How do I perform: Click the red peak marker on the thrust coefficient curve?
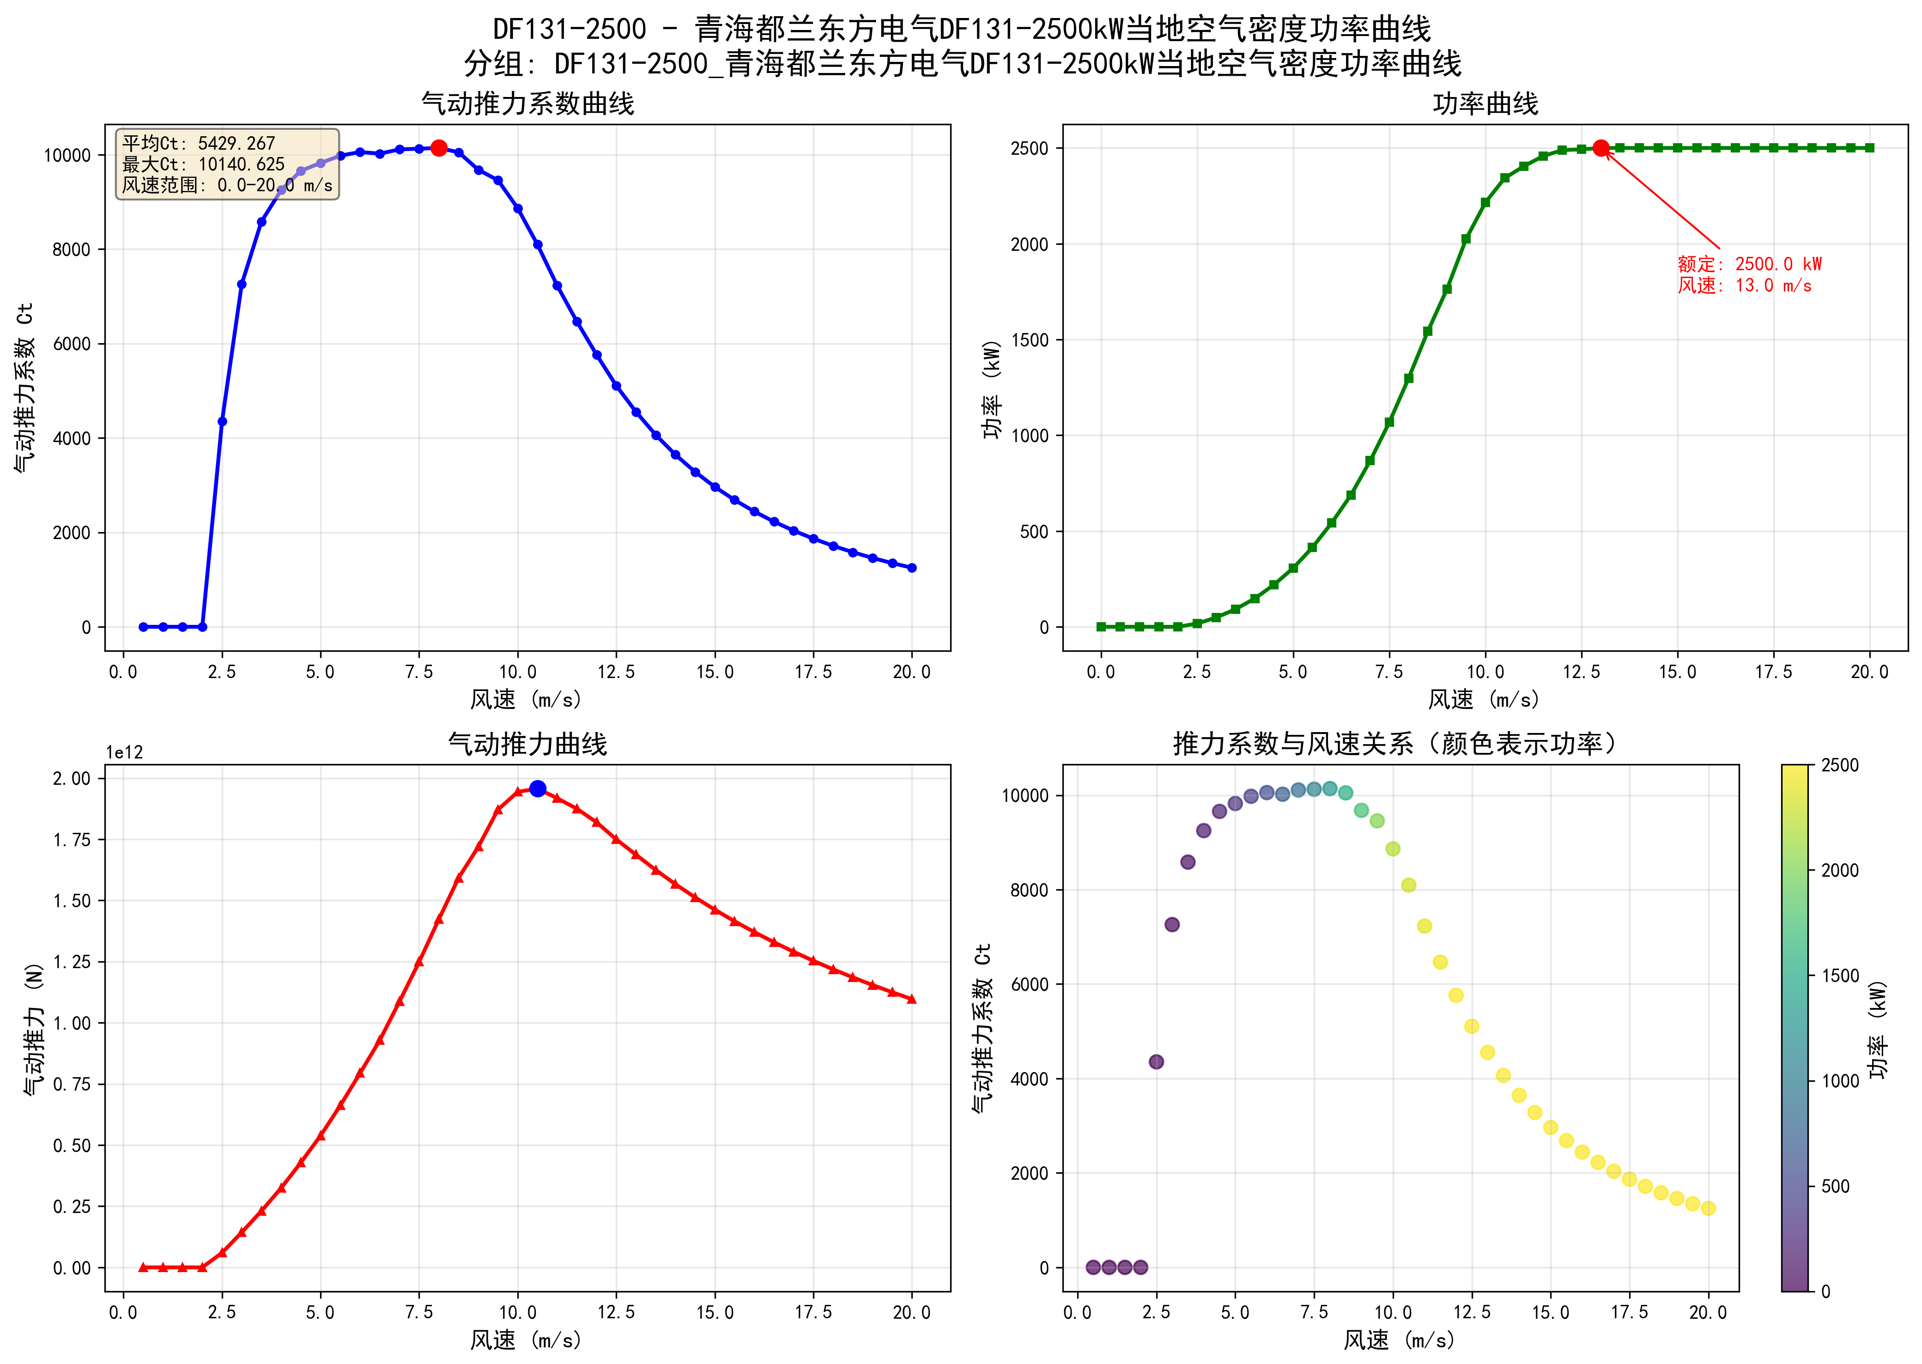click(x=438, y=148)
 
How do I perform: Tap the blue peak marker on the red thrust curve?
click(x=537, y=788)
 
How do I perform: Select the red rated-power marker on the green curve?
click(x=1601, y=148)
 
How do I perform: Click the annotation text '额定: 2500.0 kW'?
click(x=1749, y=264)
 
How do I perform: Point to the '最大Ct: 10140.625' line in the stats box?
click(x=203, y=164)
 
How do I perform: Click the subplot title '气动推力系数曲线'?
click(x=527, y=104)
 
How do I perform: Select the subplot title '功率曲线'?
click(x=1485, y=104)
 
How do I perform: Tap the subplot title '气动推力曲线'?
click(x=527, y=744)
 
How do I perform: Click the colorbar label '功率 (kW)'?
click(x=1878, y=1029)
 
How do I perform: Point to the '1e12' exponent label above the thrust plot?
click(x=124, y=752)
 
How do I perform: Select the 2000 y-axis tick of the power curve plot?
click(x=1030, y=244)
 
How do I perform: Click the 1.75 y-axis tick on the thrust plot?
click(x=72, y=840)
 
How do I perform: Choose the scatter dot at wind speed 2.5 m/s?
click(x=1156, y=1061)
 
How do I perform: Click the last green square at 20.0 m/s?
click(x=1869, y=148)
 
